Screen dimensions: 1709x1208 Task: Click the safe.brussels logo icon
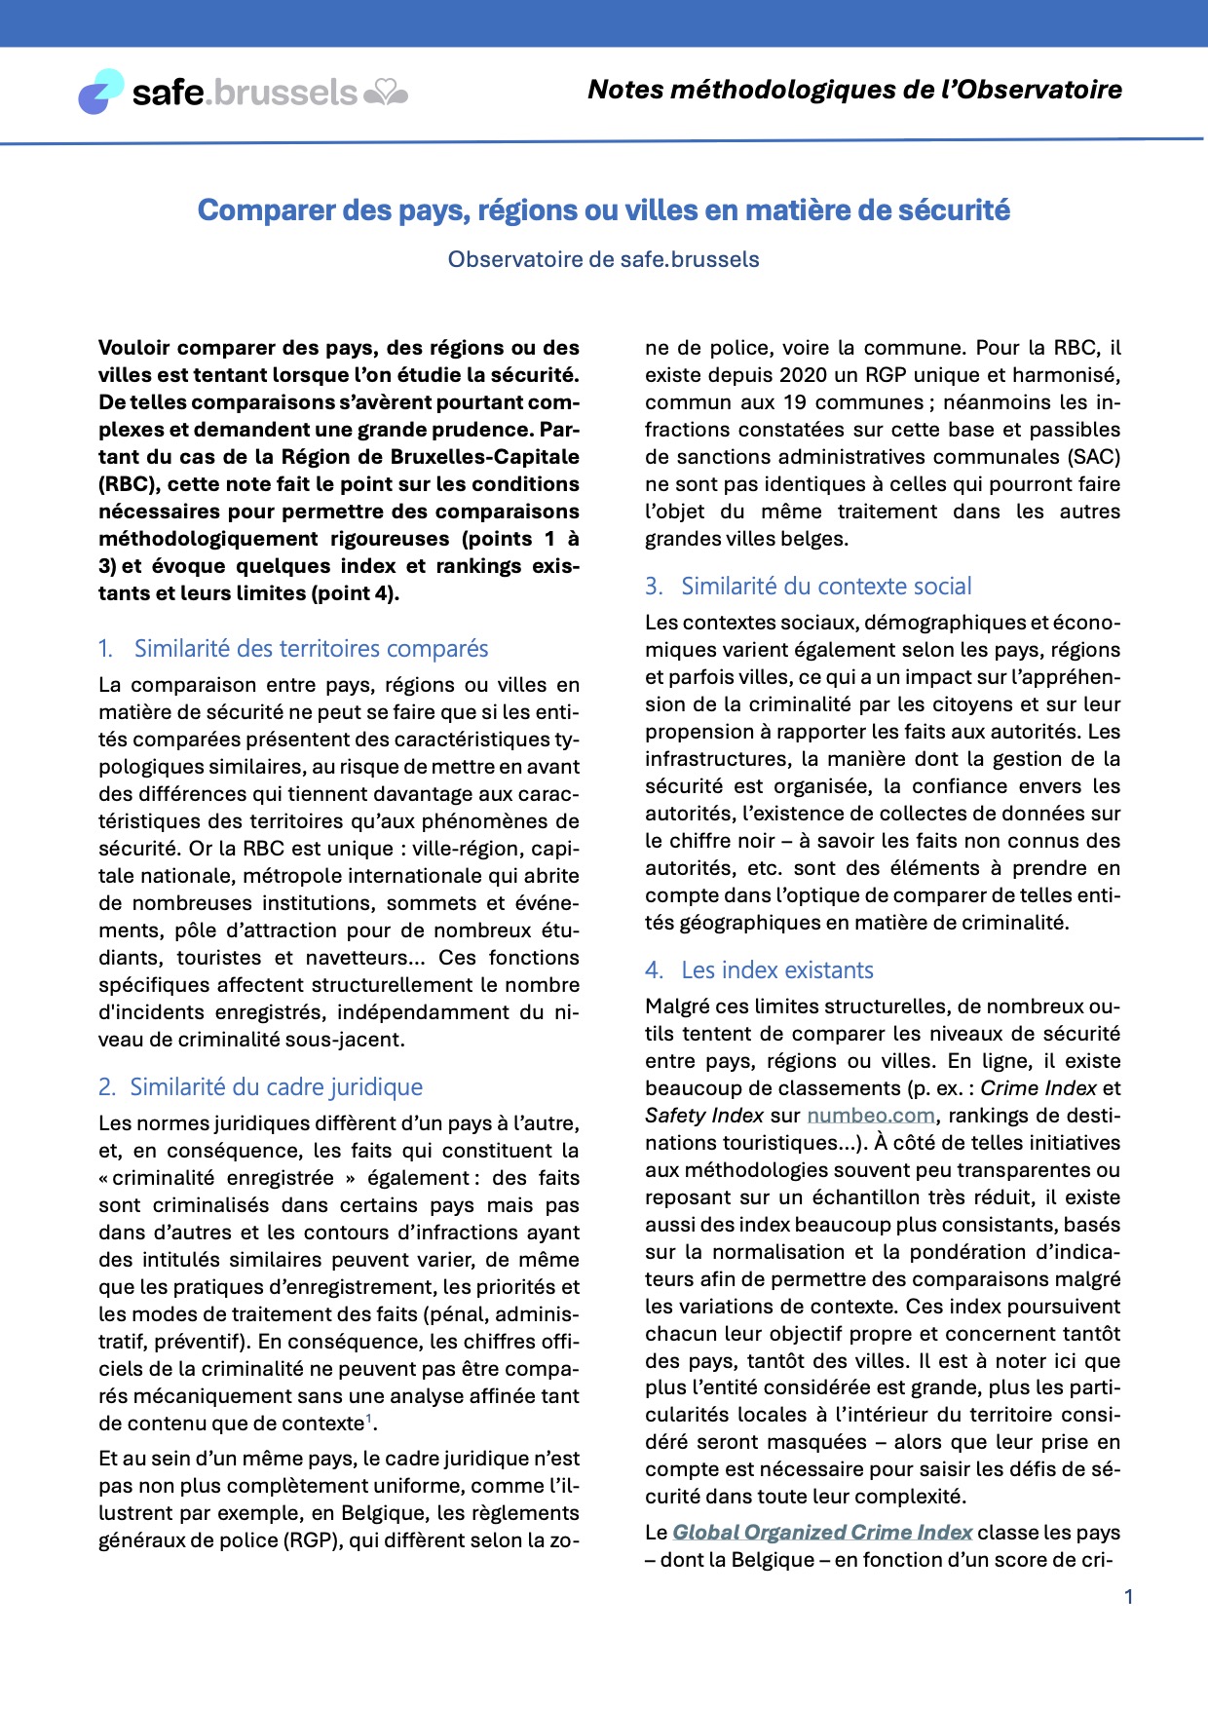pyautogui.click(x=101, y=92)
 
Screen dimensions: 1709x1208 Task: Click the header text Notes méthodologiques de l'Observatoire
pyautogui.click(x=854, y=90)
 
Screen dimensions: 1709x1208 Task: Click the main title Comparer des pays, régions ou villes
pyautogui.click(x=603, y=210)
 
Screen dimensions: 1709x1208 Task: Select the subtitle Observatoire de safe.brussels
pyautogui.click(x=603, y=260)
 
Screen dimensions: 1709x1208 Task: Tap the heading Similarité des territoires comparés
pyautogui.click(x=311, y=649)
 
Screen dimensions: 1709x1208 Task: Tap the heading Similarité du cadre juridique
pyautogui.click(x=276, y=1087)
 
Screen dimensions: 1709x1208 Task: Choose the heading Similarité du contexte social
pyautogui.click(x=826, y=587)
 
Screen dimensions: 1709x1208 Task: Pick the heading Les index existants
pyautogui.click(x=776, y=970)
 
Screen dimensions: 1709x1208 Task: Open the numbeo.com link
pyautogui.click(x=871, y=1116)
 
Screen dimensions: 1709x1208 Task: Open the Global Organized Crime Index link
pyautogui.click(x=822, y=1533)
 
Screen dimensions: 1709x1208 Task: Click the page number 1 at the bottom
pyautogui.click(x=1128, y=1597)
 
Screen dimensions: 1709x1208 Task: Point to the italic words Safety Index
pyautogui.click(x=704, y=1116)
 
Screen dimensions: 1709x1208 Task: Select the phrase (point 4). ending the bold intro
pyautogui.click(x=356, y=593)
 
